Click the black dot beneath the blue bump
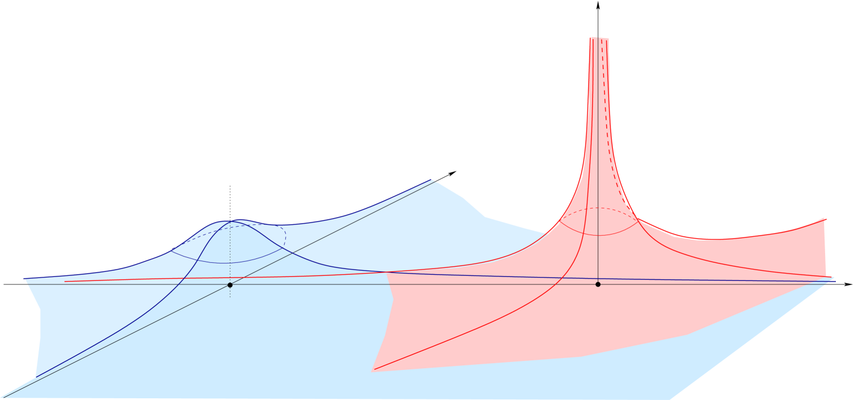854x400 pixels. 230,284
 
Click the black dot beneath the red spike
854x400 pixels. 598,284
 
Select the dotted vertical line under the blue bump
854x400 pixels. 230,255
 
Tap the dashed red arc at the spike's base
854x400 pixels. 598,208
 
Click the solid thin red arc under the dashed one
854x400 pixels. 598,235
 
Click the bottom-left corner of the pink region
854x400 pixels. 374,371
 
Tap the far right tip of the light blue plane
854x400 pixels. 834,279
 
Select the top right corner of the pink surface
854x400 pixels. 826,219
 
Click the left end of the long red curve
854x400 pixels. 65,281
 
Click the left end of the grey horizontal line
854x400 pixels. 26,284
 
